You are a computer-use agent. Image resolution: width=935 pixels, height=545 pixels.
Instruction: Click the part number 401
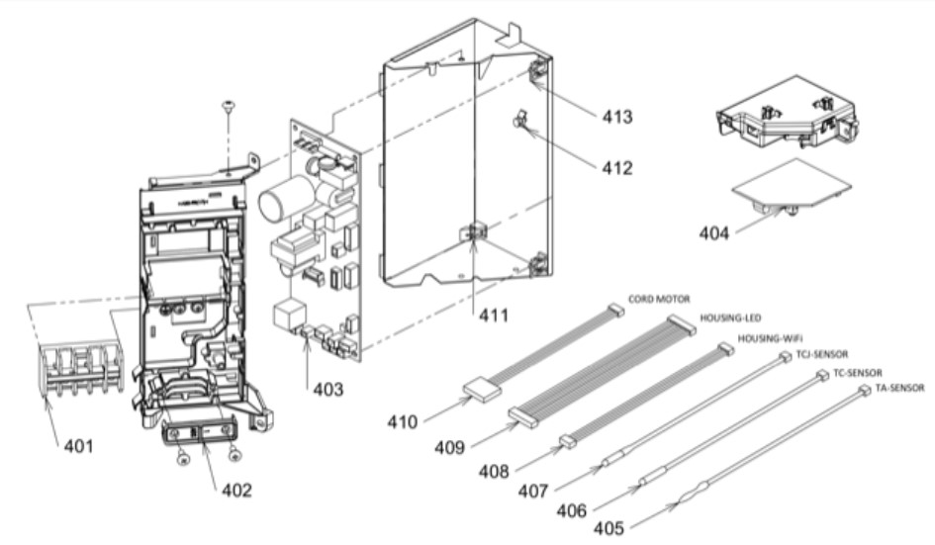coord(79,446)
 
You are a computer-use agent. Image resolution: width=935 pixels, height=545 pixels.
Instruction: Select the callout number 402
coord(237,490)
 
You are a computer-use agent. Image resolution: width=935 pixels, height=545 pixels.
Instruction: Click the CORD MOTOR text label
coord(660,299)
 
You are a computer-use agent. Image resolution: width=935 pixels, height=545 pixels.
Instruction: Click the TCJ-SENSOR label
coord(820,353)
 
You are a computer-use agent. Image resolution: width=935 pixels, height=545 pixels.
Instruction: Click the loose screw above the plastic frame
coord(229,106)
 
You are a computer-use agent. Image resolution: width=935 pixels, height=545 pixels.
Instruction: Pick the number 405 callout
coord(608,527)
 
